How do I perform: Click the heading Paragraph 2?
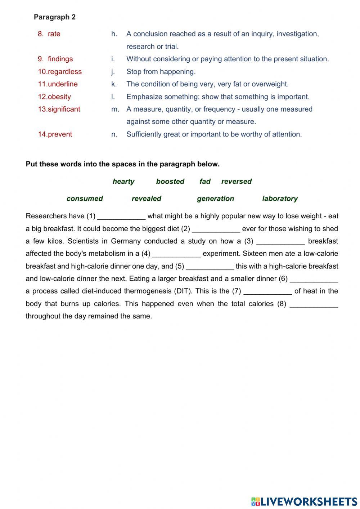coord(54,17)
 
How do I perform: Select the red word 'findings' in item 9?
coord(60,59)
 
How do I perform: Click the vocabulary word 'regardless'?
coord(64,72)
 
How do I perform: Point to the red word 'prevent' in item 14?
coord(60,134)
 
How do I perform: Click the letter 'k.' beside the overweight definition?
coord(114,84)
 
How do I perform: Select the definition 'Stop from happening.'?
coord(161,72)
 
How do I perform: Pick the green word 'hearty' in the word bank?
coord(123,182)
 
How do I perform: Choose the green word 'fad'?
coord(205,182)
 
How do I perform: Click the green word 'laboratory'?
coord(280,198)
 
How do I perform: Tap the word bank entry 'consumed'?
coord(85,198)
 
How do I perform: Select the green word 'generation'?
coord(215,198)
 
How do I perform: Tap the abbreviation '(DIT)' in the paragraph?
coord(183,291)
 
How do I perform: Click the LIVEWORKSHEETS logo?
coord(304,501)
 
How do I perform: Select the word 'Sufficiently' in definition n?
coord(144,134)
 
